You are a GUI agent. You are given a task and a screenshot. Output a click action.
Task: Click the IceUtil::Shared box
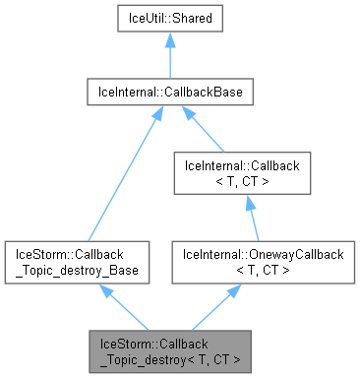pos(171,20)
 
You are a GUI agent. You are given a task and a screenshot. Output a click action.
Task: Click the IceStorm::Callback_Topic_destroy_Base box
pos(77,263)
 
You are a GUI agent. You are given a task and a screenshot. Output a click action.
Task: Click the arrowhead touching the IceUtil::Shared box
pos(171,41)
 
